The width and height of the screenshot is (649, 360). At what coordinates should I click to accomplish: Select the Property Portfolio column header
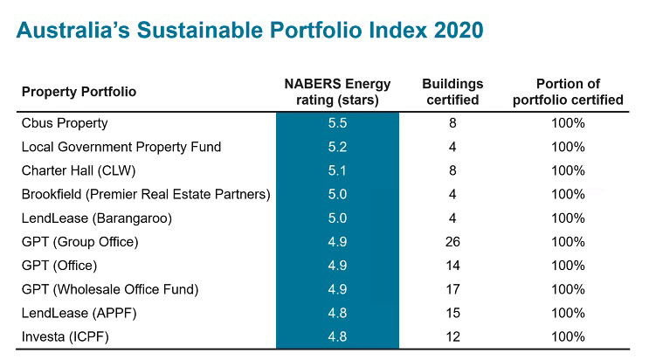click(79, 92)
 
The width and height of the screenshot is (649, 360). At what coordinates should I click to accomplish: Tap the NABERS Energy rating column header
click(337, 92)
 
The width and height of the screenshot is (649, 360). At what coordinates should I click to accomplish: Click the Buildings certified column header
click(452, 92)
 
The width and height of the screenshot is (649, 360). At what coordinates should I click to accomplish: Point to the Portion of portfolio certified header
click(568, 92)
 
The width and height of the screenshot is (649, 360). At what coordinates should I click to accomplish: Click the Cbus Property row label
click(64, 123)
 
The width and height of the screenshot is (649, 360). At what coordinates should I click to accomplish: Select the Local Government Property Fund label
click(121, 147)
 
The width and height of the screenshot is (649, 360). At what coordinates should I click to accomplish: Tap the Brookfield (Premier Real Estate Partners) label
click(146, 194)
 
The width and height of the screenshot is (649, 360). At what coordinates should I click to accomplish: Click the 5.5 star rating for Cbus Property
click(337, 123)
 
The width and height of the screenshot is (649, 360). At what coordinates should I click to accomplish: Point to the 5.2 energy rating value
click(337, 147)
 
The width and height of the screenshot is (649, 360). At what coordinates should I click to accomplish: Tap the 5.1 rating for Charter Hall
click(337, 170)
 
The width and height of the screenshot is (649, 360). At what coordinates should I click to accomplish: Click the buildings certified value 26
click(452, 241)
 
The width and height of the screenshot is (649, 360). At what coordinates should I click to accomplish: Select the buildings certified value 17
click(452, 289)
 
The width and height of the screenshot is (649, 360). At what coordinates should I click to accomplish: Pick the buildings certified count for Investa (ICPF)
click(452, 336)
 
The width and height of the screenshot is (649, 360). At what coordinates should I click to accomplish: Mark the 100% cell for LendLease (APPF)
click(568, 313)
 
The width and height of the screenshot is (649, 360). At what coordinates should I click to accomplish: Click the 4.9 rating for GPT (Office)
click(337, 265)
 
